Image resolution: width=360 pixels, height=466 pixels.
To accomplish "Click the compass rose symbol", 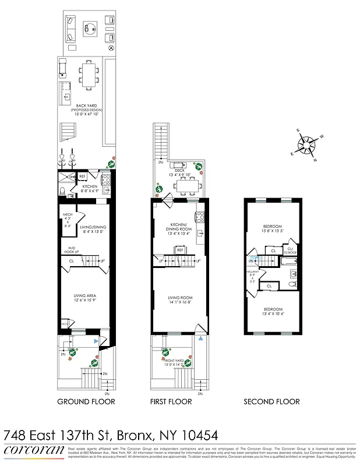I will [x=306, y=144].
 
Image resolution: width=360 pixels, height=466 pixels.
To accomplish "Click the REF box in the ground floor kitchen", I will [x=83, y=176].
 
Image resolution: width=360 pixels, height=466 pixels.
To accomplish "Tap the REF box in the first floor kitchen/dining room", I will [x=180, y=249].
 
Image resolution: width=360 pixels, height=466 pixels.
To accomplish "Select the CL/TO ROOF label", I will [x=292, y=250].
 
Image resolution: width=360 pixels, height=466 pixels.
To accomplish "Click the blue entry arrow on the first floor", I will [x=200, y=338].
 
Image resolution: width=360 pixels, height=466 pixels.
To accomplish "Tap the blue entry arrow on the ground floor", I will [x=97, y=340].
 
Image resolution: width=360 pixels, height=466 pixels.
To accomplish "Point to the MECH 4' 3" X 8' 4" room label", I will [x=68, y=222].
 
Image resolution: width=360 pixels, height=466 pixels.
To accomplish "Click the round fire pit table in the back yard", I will [x=90, y=27].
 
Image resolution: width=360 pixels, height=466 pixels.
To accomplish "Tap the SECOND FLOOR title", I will [x=271, y=401].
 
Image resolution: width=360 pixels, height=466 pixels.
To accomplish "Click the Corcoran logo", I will [x=33, y=450].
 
